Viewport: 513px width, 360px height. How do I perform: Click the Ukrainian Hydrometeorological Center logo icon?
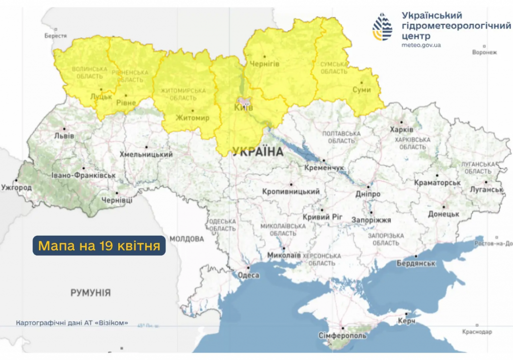pyautogui.click(x=382, y=27)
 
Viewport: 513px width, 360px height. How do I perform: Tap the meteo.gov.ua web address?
pyautogui.click(x=421, y=45)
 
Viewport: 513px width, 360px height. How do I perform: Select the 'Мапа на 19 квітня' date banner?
pyautogui.click(x=99, y=246)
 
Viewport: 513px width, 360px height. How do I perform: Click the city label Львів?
pyautogui.click(x=64, y=136)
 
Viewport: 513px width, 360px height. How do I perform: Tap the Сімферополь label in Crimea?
pyautogui.click(x=342, y=335)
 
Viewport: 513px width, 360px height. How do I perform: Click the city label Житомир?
pyautogui.click(x=192, y=118)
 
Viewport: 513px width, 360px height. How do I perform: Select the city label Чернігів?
pyautogui.click(x=264, y=64)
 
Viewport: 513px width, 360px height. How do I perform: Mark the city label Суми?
pyautogui.click(x=362, y=90)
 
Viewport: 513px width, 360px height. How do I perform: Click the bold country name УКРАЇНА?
pyautogui.click(x=258, y=151)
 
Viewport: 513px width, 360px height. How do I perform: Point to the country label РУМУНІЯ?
pyautogui.click(x=90, y=292)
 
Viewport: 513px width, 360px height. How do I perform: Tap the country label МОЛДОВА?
pyautogui.click(x=186, y=239)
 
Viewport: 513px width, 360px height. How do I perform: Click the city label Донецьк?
pyautogui.click(x=443, y=214)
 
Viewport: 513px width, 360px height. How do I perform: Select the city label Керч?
pyautogui.click(x=406, y=321)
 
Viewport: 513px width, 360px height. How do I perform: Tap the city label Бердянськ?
pyautogui.click(x=415, y=263)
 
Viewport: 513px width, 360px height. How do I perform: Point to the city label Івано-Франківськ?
pyautogui.click(x=83, y=175)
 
